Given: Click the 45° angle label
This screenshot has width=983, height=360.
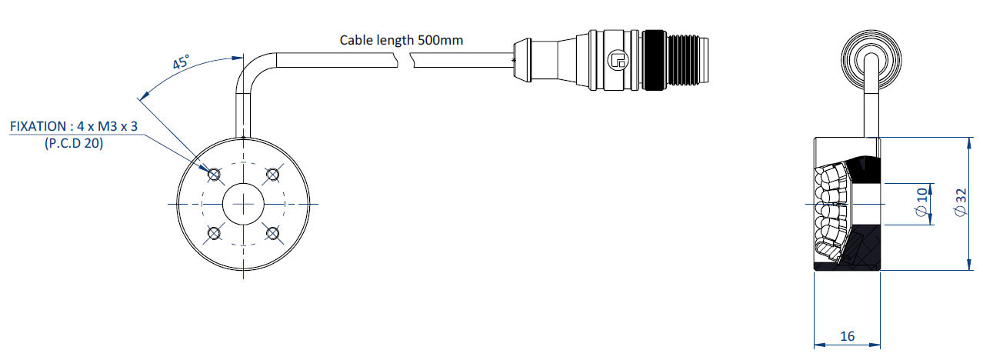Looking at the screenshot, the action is tap(180, 62).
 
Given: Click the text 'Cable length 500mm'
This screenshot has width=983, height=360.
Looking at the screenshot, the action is tap(401, 41).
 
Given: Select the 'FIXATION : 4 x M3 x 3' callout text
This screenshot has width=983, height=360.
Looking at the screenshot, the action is tap(74, 126).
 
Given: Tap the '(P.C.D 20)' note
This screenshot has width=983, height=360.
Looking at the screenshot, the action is tap(74, 143).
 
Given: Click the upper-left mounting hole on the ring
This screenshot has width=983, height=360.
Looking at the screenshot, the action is tap(214, 175).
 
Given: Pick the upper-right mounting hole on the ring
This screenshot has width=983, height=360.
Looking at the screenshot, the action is tap(272, 175).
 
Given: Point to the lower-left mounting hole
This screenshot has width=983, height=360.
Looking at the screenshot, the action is tap(214, 233).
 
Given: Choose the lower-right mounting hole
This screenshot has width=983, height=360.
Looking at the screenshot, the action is tap(272, 233).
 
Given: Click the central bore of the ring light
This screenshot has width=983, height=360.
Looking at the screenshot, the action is tap(244, 204).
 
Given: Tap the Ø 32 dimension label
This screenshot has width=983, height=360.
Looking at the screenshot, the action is tap(961, 202).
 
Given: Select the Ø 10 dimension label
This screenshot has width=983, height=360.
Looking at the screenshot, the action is tap(922, 202).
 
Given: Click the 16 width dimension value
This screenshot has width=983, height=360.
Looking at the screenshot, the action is tap(848, 336).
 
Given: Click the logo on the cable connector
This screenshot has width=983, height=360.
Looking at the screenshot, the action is tap(618, 60).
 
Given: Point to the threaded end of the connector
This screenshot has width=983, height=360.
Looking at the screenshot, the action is tap(687, 60).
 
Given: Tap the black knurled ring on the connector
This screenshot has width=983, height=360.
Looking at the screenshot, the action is tap(655, 60).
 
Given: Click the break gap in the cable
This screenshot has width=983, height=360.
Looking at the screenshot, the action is tap(405, 60).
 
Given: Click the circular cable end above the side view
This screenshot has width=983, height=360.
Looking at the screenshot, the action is tap(871, 60).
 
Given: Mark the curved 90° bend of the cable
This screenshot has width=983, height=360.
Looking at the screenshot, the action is tap(252, 69).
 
